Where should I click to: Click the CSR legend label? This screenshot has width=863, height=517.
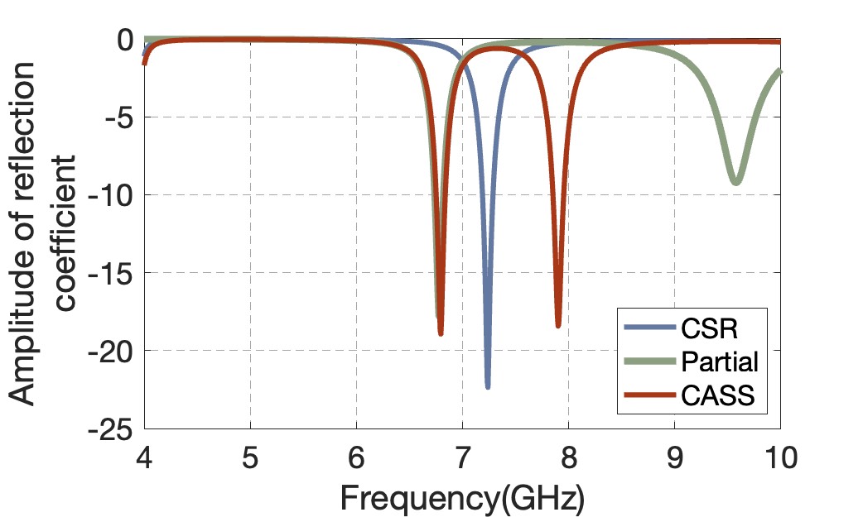click(x=709, y=328)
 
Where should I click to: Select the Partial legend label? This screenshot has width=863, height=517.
click(x=720, y=361)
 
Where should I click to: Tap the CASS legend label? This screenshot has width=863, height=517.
click(x=717, y=395)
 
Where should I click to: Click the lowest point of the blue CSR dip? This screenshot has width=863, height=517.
click(x=488, y=386)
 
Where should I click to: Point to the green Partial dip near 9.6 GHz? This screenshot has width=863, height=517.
click(x=735, y=182)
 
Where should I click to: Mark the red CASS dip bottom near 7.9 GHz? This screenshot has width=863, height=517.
click(x=558, y=326)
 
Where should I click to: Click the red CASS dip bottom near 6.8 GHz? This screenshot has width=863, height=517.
click(x=441, y=333)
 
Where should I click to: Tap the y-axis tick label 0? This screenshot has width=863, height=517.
click(x=124, y=40)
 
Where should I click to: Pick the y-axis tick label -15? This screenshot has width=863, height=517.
click(x=113, y=273)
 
